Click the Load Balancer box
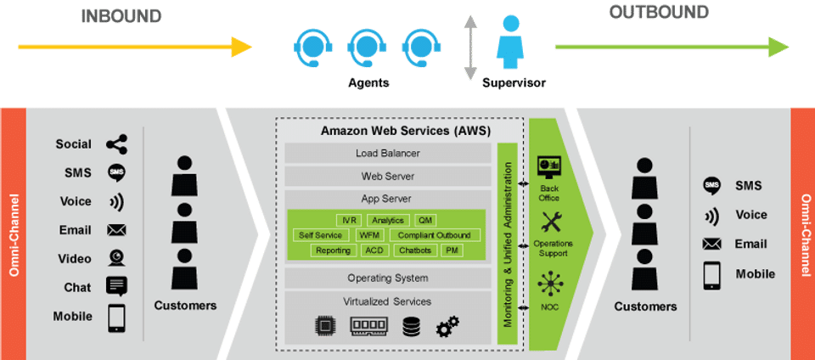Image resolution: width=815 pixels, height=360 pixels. (387, 154)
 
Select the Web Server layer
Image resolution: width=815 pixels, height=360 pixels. (387, 176)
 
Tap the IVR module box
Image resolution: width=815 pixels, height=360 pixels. (348, 221)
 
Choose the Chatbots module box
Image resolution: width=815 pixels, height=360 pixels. (415, 250)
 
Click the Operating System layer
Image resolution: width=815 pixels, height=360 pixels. (387, 278)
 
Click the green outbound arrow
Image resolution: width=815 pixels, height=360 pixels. (671, 47)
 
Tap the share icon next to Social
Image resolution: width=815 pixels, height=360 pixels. (117, 144)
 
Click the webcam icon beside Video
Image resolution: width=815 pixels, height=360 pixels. (117, 258)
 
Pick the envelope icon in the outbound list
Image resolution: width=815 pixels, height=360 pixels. (711, 245)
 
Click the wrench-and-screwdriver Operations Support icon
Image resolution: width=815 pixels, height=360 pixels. (553, 222)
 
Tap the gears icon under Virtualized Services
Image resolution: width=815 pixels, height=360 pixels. (447, 327)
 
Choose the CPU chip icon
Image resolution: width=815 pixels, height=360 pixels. (324, 327)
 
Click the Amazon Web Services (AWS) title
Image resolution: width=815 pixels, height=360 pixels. (387, 131)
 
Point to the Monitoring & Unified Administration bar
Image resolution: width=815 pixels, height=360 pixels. (508, 244)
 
